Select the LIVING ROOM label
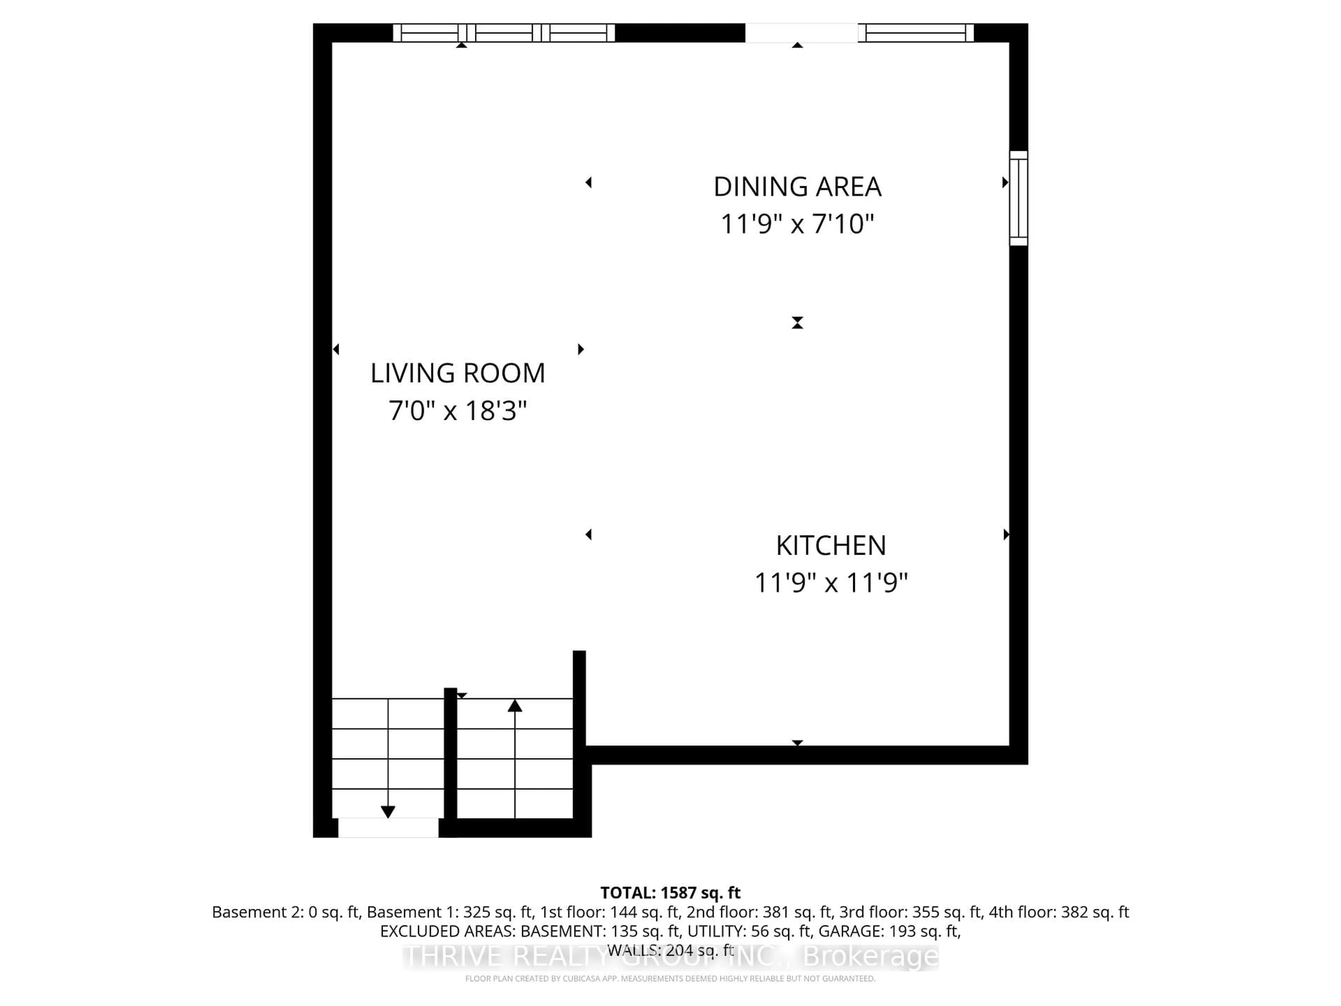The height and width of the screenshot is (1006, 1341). tap(458, 373)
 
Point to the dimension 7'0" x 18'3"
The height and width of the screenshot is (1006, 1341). tap(458, 410)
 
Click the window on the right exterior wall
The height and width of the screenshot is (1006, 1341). tap(1018, 198)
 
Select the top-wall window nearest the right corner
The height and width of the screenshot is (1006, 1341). tap(915, 33)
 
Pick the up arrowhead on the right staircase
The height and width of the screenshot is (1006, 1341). tap(515, 705)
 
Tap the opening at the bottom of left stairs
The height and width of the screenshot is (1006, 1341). tap(388, 828)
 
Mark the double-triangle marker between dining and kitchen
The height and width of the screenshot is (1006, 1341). tap(797, 323)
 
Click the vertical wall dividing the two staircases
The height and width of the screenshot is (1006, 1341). tap(450, 755)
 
